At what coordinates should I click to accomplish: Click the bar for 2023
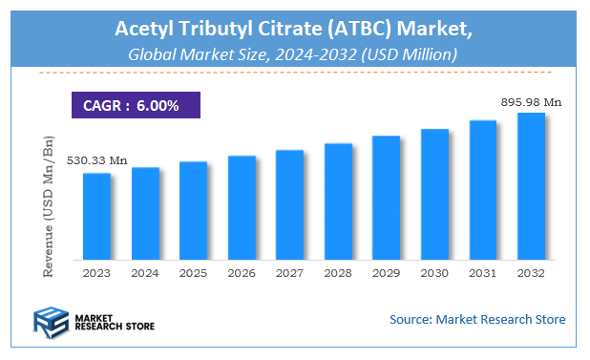[96, 216]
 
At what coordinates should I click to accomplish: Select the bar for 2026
[242, 207]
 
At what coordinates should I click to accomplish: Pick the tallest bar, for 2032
[531, 185]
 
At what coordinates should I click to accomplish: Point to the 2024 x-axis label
[145, 273]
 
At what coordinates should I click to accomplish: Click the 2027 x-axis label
[289, 273]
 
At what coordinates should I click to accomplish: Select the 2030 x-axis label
[434, 273]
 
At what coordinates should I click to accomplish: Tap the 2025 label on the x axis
[193, 273]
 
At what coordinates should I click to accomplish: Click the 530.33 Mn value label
[96, 160]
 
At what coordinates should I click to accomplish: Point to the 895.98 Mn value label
[531, 101]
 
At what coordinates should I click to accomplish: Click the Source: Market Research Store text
[477, 319]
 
